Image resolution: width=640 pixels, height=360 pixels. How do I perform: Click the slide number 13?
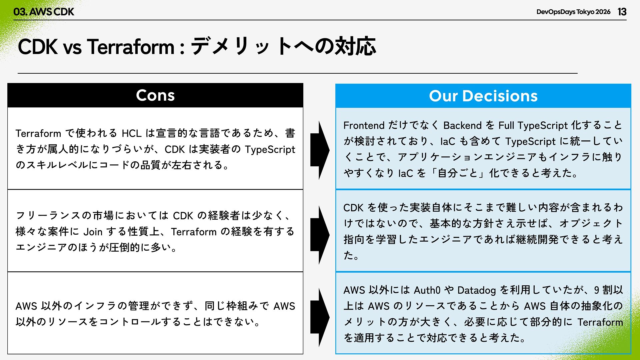pos(622,12)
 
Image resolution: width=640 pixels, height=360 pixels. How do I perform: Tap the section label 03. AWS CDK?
pos(44,12)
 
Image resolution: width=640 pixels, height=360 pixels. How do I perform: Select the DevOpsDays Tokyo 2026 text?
pos(573,12)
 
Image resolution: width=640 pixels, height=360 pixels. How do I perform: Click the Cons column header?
pos(155,95)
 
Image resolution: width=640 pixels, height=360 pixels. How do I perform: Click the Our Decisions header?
pos(483,96)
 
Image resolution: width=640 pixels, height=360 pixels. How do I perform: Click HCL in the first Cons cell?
pos(132,133)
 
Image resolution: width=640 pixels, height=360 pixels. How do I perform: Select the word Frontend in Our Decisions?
pos(364,125)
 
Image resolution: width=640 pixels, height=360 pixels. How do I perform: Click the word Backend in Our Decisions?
pos(462,125)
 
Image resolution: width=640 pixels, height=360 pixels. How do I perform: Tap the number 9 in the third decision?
pos(597,290)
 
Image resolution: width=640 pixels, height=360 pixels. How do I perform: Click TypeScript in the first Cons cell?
pos(270,150)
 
